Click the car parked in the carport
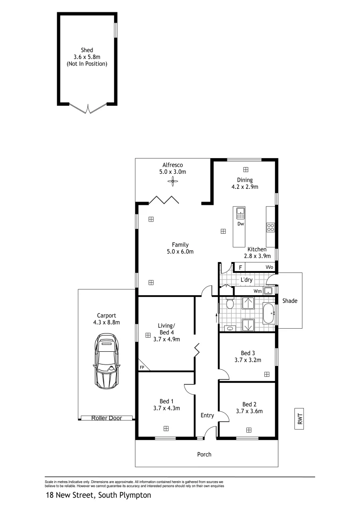tap(106, 361)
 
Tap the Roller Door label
tap(106, 418)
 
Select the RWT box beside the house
tap(300, 418)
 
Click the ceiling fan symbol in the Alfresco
tap(173, 181)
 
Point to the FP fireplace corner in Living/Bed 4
tap(142, 367)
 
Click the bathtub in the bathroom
tap(269, 314)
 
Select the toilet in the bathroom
tap(230, 302)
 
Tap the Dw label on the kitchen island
tap(241, 224)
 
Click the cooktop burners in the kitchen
tap(271, 228)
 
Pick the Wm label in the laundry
tap(258, 291)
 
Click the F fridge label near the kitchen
tap(240, 268)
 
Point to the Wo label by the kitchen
tap(269, 268)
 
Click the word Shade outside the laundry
tap(290, 301)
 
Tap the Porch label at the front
tap(204, 454)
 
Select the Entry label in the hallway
tap(207, 416)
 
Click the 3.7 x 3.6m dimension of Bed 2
tap(249, 411)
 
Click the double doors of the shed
tap(88, 109)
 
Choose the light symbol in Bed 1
tap(166, 428)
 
